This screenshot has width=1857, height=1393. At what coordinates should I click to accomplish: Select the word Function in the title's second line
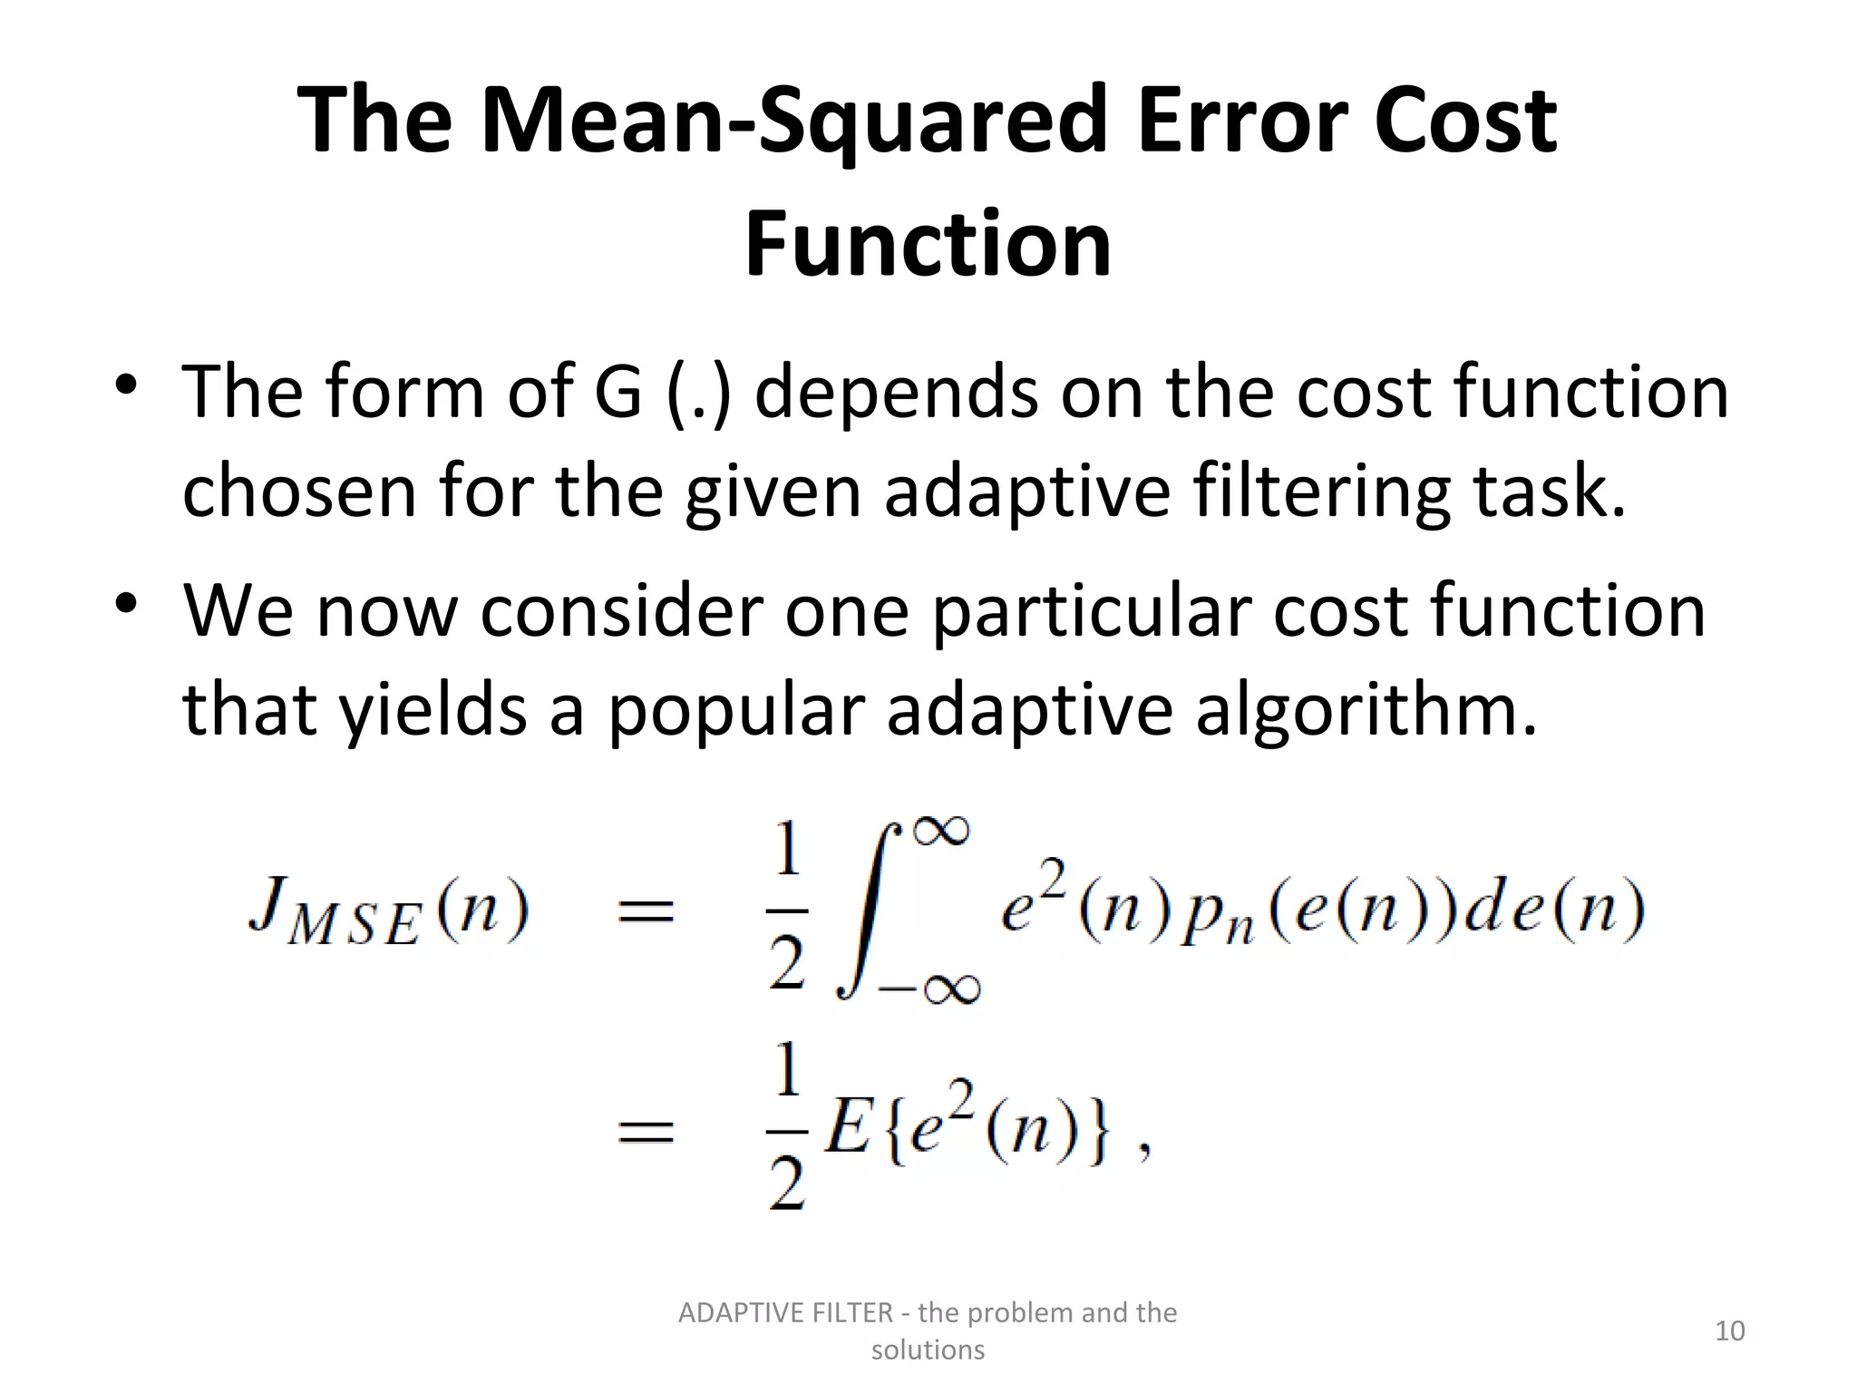point(928,243)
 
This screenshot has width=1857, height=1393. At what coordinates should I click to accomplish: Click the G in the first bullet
point(618,392)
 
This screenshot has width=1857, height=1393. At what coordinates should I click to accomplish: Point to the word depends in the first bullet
point(896,392)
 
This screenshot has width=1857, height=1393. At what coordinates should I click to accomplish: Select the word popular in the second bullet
point(735,710)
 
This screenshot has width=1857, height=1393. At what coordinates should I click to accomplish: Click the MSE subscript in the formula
point(354,929)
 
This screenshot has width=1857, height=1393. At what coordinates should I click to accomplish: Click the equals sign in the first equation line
point(646,910)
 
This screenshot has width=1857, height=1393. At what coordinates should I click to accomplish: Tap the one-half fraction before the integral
point(786,910)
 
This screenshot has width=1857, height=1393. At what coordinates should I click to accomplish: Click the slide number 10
point(1730,1330)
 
